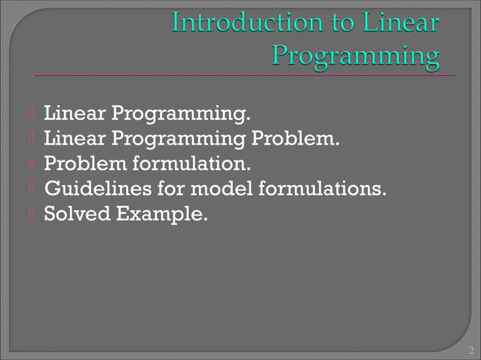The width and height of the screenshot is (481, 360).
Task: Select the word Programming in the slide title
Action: (355, 55)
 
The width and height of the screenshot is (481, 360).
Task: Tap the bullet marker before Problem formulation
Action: (32, 163)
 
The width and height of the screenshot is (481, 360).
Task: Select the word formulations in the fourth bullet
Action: (323, 188)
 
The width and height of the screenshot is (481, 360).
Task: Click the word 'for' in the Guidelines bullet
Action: (172, 188)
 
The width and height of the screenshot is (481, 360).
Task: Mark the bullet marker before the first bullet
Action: (32, 114)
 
